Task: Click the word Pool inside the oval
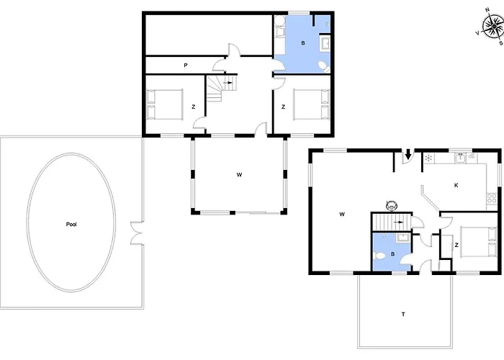pyautogui.click(x=71, y=225)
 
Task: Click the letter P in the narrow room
pyautogui.click(x=186, y=66)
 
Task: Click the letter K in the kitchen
pyautogui.click(x=456, y=185)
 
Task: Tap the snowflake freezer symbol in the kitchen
pyautogui.click(x=430, y=158)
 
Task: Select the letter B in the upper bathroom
pyautogui.click(x=303, y=43)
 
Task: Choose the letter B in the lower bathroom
pyautogui.click(x=392, y=254)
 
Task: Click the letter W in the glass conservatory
pyautogui.click(x=238, y=174)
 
